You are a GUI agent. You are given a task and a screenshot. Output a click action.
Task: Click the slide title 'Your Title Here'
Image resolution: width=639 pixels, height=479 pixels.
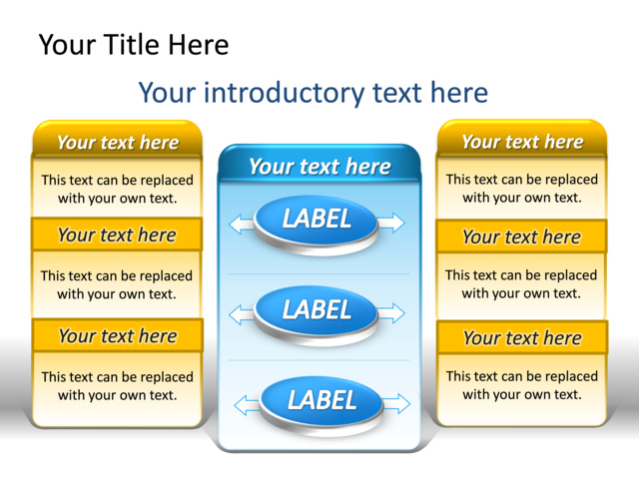(x=133, y=45)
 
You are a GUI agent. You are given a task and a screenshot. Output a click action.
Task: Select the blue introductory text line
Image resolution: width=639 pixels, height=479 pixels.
(x=313, y=93)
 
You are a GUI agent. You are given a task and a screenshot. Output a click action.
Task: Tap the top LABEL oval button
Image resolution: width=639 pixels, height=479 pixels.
(x=318, y=220)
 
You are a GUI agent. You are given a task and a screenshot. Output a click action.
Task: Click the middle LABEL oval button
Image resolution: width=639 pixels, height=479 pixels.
(x=318, y=310)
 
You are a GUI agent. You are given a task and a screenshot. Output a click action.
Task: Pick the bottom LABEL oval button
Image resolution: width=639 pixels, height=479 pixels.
(x=321, y=401)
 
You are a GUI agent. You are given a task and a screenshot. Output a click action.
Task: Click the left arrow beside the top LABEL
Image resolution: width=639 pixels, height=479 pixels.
(x=242, y=224)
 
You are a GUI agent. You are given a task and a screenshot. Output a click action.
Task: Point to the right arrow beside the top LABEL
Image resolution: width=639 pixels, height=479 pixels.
(x=392, y=223)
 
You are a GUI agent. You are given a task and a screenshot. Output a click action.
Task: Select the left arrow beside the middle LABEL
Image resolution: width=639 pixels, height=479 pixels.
(x=242, y=315)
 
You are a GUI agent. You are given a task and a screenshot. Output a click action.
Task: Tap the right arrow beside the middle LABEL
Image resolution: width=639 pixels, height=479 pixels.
(x=393, y=313)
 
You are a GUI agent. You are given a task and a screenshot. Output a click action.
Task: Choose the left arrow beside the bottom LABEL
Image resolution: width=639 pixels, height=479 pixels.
(x=247, y=405)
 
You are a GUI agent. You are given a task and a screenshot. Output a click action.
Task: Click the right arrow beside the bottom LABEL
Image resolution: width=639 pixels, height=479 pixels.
(x=396, y=403)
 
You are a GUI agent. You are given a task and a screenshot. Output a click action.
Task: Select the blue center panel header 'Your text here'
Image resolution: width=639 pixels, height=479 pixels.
(x=319, y=166)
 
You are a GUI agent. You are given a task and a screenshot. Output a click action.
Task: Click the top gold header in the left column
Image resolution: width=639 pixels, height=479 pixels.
(x=117, y=142)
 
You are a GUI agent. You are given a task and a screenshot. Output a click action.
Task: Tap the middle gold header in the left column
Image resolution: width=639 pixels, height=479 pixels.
(x=117, y=236)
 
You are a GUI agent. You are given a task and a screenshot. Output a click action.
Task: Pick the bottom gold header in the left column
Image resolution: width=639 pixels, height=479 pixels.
(x=117, y=335)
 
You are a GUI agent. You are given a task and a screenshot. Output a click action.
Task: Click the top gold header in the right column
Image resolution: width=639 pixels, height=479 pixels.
(x=521, y=142)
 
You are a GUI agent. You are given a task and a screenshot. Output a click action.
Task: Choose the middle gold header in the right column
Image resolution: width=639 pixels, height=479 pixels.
(x=521, y=237)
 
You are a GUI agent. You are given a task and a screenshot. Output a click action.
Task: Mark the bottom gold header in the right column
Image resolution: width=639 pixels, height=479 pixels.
(x=521, y=337)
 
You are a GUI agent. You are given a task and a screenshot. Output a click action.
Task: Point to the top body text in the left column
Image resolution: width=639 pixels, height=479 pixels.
(x=117, y=189)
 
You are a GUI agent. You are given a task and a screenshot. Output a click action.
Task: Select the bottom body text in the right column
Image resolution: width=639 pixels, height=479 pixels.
(x=521, y=385)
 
